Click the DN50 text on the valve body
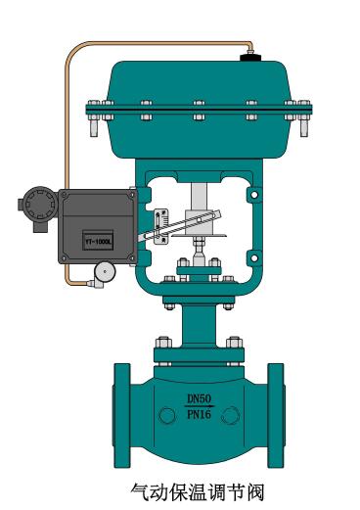click(200, 398)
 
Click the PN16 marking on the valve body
click(200, 414)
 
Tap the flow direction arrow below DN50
click(200, 406)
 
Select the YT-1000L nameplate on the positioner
click(98, 241)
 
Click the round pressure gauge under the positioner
click(105, 271)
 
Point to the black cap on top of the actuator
click(250, 58)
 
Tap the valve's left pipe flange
click(122, 415)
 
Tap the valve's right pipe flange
click(276, 415)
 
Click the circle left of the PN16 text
click(167, 415)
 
